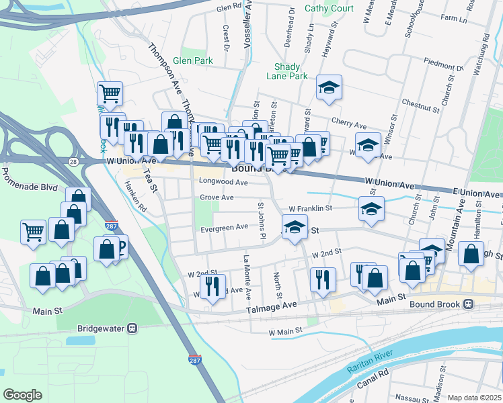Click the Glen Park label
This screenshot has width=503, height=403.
[x=193, y=60]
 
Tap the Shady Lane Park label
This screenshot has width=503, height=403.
[x=291, y=71]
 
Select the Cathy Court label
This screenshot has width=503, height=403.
[x=329, y=8]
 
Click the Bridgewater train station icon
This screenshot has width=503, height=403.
[x=132, y=328]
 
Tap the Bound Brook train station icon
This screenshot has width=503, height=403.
[x=468, y=304]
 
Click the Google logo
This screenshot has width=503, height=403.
[x=22, y=395]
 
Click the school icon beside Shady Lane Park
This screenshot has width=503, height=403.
[x=329, y=88]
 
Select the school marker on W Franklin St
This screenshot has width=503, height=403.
[x=371, y=209]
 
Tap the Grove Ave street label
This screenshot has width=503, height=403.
[x=217, y=197]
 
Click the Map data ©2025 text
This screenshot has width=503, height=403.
[x=474, y=398]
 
